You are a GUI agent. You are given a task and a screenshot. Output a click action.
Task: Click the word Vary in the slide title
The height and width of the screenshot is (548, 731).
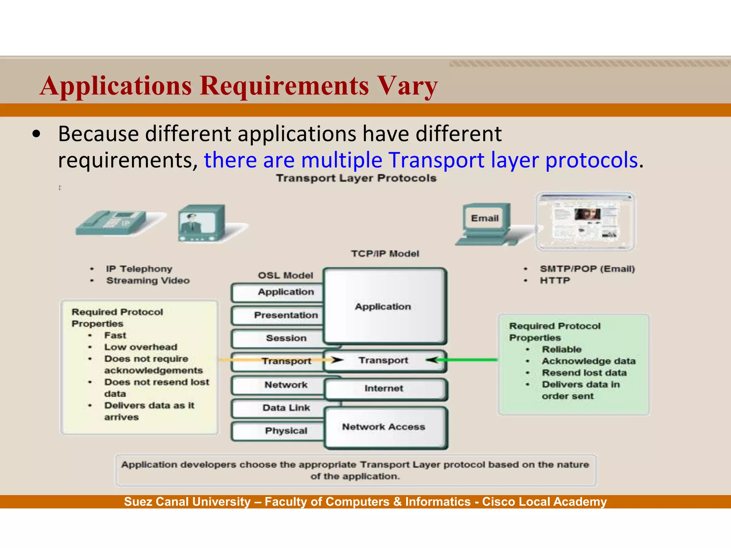407,86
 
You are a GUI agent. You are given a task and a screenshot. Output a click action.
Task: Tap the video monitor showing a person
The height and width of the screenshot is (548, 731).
201,223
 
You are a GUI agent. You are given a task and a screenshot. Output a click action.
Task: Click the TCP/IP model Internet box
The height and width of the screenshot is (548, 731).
384,389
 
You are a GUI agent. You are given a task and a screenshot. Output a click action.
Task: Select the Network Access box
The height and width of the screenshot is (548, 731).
384,427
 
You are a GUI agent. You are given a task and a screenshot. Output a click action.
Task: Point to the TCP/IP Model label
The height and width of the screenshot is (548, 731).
385,254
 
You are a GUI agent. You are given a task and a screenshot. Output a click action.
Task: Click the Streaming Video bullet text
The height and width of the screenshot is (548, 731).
148,281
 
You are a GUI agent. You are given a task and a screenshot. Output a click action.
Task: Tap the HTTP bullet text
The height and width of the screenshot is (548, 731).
555,281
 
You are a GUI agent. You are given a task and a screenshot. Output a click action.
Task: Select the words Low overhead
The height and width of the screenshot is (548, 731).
141,347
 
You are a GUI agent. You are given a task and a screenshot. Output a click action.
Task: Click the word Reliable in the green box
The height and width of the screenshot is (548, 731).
561,350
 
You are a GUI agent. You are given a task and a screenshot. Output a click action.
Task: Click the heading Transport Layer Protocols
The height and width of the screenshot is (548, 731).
356,178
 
